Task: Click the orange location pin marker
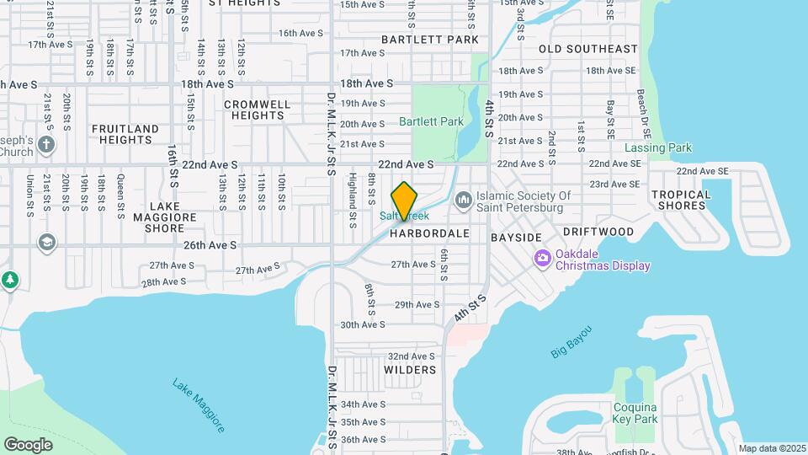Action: click(x=405, y=201)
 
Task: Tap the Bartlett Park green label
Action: click(x=431, y=121)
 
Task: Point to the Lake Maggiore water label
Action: click(x=199, y=405)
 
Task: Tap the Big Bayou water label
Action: click(x=572, y=341)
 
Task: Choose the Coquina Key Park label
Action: click(x=635, y=413)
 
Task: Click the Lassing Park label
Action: click(x=658, y=147)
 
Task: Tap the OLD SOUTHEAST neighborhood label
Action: click(x=588, y=49)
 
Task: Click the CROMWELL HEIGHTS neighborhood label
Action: click(x=257, y=110)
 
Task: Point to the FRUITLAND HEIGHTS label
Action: click(x=125, y=134)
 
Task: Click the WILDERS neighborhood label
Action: click(x=410, y=370)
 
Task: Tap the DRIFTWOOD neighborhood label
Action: click(x=598, y=231)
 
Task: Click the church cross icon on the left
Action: click(x=46, y=144)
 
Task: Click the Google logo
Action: click(x=28, y=444)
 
